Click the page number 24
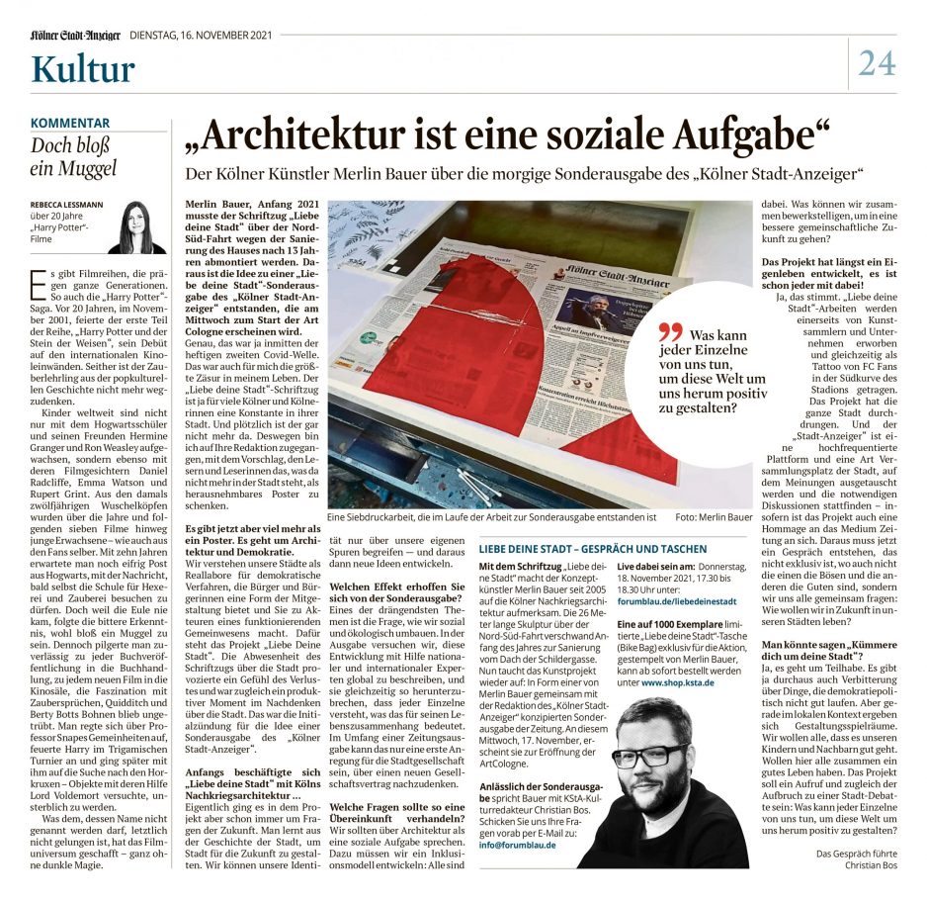click(x=877, y=62)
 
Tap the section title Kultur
click(x=83, y=69)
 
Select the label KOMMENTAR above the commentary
click(x=70, y=123)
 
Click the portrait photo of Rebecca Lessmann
click(x=137, y=227)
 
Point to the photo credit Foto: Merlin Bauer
click(x=714, y=516)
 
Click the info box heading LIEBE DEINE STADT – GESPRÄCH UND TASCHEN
click(x=592, y=548)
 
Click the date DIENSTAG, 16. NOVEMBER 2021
click(x=201, y=35)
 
